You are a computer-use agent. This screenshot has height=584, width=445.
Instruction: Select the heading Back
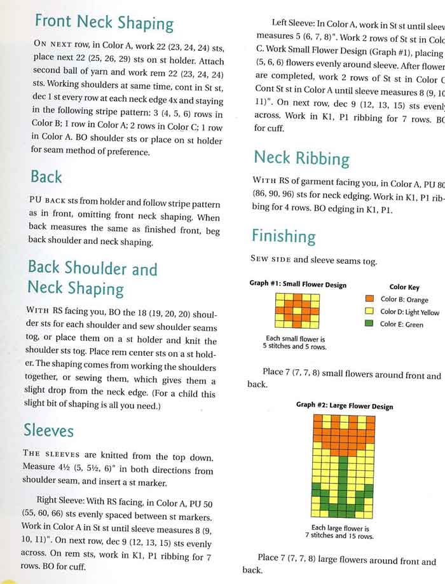[x=46, y=176]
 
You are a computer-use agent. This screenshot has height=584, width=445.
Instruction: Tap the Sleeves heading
[x=48, y=430]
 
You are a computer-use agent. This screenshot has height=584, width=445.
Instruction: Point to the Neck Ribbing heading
[x=301, y=158]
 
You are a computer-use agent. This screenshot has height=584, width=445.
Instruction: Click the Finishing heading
[x=283, y=236]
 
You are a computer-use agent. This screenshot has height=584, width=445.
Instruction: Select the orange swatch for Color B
[x=369, y=299]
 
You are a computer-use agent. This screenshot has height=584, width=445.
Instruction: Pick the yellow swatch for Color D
[x=369, y=311]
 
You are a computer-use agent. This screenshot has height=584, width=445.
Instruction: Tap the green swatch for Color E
[x=369, y=324]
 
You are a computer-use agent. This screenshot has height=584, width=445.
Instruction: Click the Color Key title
[x=404, y=287]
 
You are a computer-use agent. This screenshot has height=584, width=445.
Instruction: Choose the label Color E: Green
[x=401, y=325]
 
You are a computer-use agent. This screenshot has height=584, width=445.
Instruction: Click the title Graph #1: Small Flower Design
[x=298, y=285]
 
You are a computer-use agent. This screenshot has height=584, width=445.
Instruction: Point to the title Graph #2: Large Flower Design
[x=345, y=406]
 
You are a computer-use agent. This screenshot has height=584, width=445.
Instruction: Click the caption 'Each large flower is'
[x=340, y=527]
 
